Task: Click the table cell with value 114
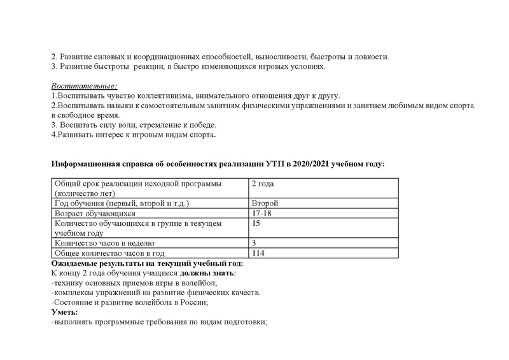(x=258, y=253)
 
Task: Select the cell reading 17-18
(x=261, y=214)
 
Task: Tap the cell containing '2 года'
(x=263, y=184)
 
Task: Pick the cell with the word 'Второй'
(x=265, y=204)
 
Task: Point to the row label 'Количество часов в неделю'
(x=104, y=243)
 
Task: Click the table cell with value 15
(x=256, y=224)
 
